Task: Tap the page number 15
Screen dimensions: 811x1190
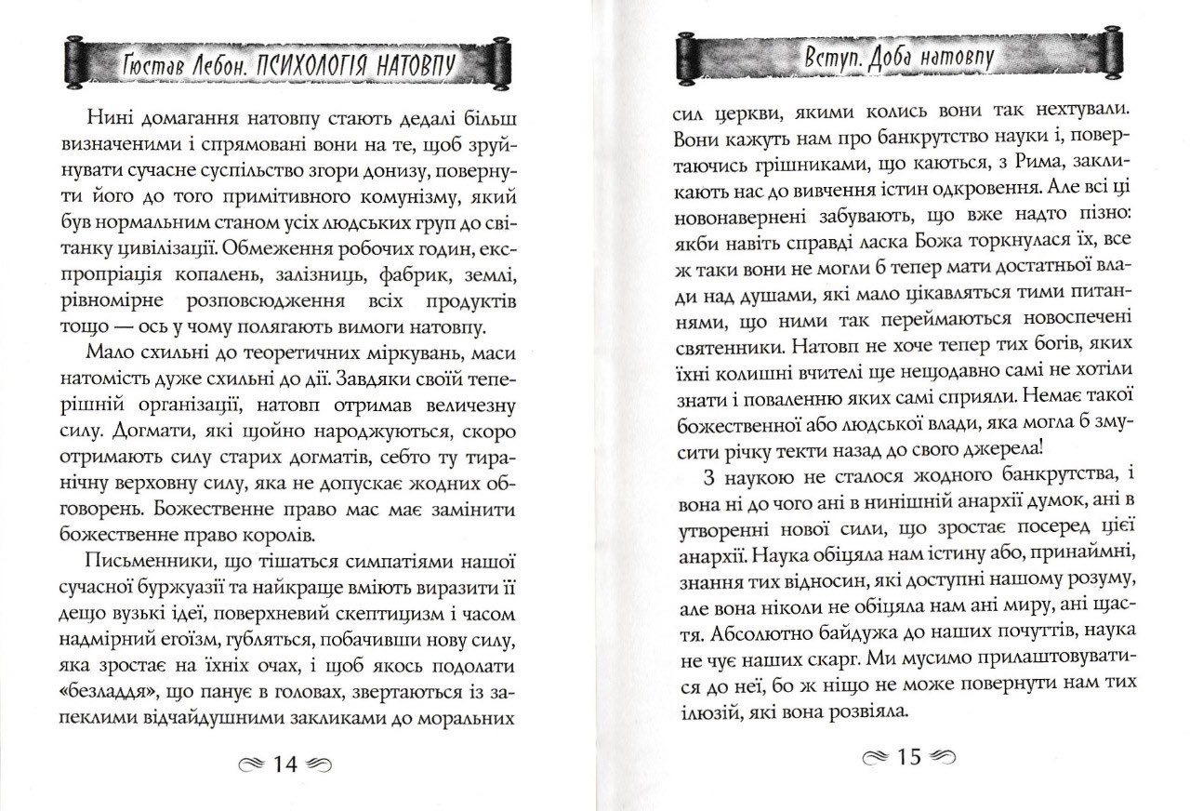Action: tap(907, 757)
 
